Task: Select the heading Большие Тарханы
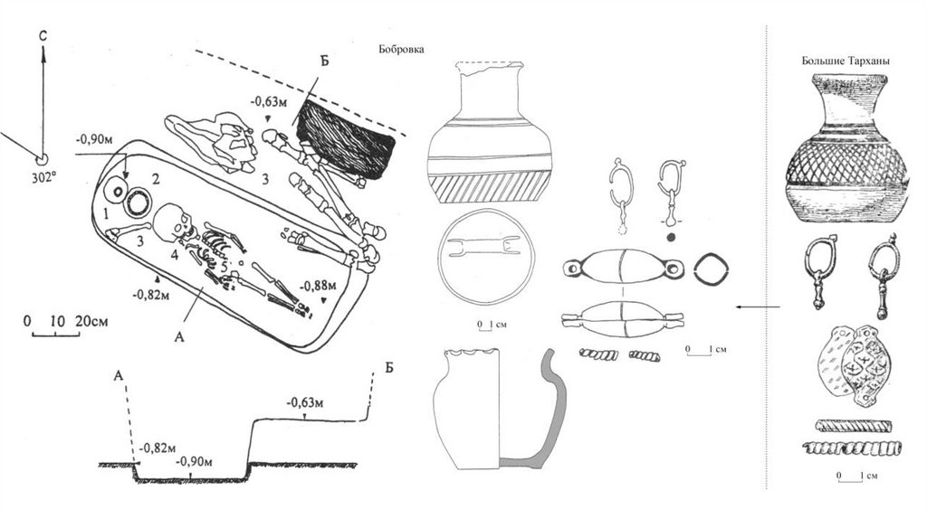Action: tap(845, 61)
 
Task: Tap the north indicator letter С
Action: tap(43, 34)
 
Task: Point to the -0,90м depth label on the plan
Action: tap(95, 139)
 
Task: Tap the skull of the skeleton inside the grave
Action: tap(171, 222)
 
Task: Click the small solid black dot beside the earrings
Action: tap(671, 237)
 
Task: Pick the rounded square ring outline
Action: tap(709, 267)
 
